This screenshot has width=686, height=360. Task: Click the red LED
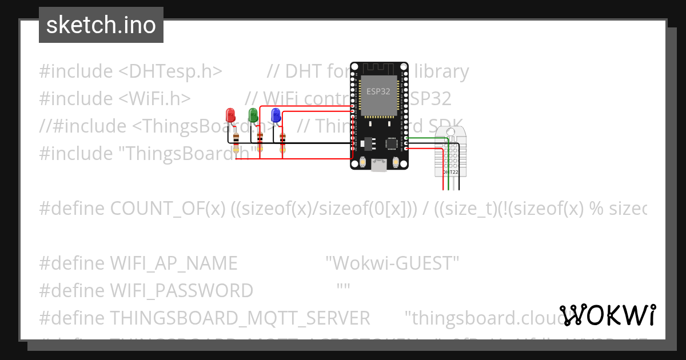point(230,114)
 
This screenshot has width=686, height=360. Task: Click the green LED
point(253,114)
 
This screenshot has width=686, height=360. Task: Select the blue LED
point(276,115)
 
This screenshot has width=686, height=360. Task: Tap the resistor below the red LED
point(237,139)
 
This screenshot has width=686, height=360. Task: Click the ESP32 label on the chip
point(378,90)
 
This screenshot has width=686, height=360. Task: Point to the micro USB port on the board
point(378,165)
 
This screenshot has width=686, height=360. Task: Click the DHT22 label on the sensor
point(450,171)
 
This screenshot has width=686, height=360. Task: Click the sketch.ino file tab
point(101,25)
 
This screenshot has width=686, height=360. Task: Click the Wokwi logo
point(608,315)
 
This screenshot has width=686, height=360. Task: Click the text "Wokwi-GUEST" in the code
point(392,263)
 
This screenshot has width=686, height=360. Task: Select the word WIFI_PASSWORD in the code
point(181,291)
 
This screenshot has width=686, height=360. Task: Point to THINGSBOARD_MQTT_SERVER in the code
point(240,318)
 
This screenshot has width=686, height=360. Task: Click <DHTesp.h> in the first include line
point(170,71)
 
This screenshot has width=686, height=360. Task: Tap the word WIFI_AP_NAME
point(173,263)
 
